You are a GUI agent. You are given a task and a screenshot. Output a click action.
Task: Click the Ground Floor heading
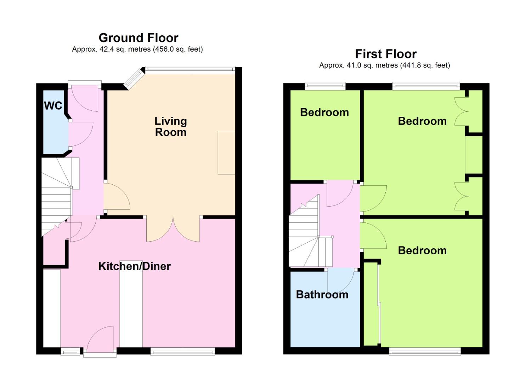(x=138, y=38)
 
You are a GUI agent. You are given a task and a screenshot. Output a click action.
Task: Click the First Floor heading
(x=385, y=54)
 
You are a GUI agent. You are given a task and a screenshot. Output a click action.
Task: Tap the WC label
(x=53, y=105)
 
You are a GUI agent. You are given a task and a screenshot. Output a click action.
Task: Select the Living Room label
(x=170, y=127)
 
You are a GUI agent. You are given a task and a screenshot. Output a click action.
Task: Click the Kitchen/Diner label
(x=134, y=266)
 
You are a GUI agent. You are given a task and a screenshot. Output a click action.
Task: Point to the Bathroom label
(x=322, y=295)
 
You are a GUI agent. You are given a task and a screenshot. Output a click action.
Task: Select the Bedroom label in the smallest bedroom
(x=324, y=112)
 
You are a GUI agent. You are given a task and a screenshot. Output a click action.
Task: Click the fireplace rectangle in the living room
(x=226, y=152)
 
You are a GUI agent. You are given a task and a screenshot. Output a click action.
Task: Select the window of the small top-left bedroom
(x=325, y=85)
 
